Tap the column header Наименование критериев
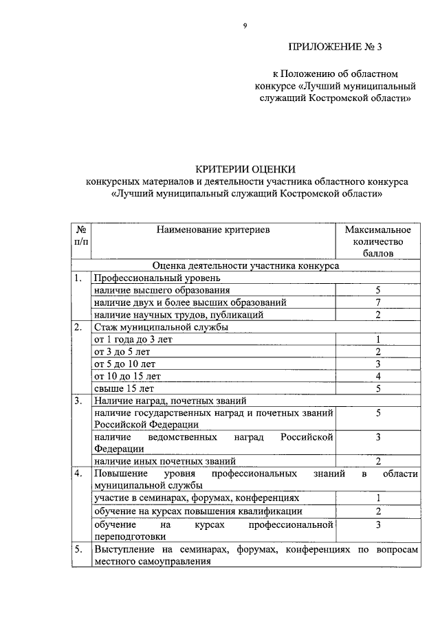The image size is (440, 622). pyautogui.click(x=212, y=230)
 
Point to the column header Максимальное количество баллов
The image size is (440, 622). pyautogui.click(x=377, y=241)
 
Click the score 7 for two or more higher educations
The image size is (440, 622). pyautogui.click(x=378, y=302)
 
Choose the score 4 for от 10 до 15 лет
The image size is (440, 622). pyautogui.click(x=378, y=376)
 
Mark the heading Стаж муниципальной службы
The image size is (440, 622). pyautogui.click(x=161, y=327)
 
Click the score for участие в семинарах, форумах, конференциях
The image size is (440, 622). pyautogui.click(x=378, y=498)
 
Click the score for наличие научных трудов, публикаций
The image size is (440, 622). pyautogui.click(x=378, y=315)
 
